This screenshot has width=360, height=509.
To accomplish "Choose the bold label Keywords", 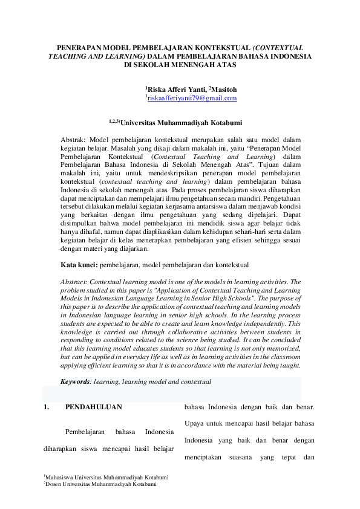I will click(75, 381).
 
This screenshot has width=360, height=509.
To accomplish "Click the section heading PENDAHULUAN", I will click(93, 407).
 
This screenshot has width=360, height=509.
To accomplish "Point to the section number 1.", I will click(46, 407).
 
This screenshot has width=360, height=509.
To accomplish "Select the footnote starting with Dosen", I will click(100, 484).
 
